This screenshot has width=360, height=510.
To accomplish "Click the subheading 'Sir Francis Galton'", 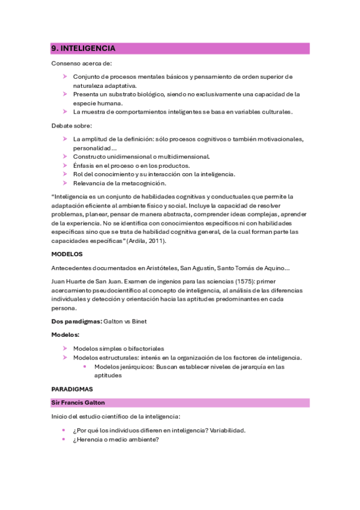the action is coord(78,402).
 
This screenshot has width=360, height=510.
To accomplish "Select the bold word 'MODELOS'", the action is coord(67,254).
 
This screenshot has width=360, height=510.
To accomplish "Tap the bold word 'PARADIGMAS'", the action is coord(72,389).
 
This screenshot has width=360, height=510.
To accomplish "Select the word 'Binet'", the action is coord(138,321).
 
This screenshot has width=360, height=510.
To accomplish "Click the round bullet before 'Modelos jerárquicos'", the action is coord(86,366).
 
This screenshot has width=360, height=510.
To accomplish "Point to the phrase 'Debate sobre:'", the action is coord(72,126).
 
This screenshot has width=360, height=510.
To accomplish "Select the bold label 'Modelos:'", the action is coord(66,334).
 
